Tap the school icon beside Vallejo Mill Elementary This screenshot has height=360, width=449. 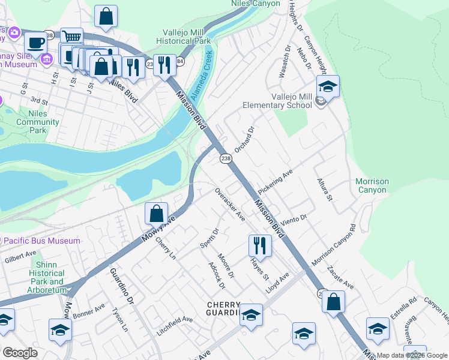pos(328,88)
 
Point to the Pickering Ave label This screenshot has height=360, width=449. pos(275,181)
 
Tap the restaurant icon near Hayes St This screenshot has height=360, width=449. pos(260,245)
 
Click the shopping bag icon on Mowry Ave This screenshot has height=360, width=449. pos(156,213)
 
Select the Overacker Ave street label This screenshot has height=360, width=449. pos(230,204)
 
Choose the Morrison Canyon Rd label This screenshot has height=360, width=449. pos(334,245)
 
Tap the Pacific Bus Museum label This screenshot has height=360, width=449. pos(41,241)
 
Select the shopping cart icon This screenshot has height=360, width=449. pos(71,37)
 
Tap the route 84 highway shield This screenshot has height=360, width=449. pos(180,62)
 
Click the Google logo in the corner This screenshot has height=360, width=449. pos(20,353)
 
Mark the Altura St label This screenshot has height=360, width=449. pos(325,190)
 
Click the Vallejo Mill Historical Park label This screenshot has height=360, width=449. pos(186,37)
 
